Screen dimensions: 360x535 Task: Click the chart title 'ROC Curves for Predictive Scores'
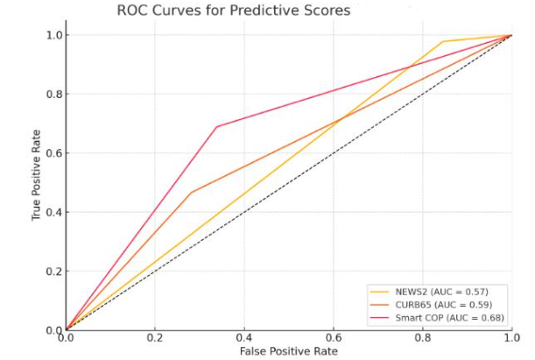(233, 11)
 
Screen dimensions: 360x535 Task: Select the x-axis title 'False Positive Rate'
(288, 351)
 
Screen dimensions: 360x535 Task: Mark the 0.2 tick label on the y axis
(53, 272)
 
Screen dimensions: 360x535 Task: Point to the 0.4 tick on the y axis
(53, 212)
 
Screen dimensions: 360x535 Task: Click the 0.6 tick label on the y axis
(53, 153)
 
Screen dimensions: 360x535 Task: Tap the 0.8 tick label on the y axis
(53, 94)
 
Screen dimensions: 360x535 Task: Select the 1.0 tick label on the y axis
(53, 35)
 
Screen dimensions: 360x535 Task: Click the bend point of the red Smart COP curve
(216, 127)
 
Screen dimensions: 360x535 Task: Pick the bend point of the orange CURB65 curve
(191, 193)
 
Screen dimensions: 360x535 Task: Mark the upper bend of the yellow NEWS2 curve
(442, 41)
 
